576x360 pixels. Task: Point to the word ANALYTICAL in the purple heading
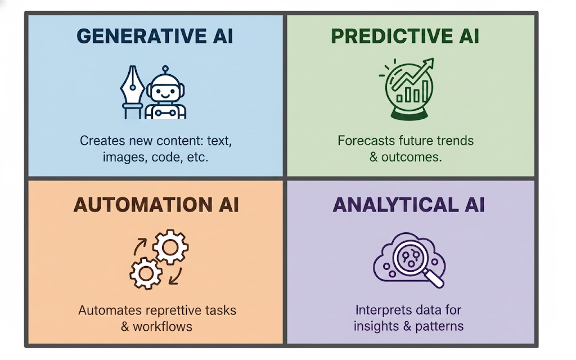pos(395,205)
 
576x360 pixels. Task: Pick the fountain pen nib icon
pos(132,92)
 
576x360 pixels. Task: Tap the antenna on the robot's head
pos(165,70)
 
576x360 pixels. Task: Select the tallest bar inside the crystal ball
pos(425,92)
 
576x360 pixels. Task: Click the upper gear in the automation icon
pos(170,247)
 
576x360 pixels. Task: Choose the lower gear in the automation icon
pos(146,273)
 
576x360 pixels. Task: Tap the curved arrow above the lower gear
pos(139,246)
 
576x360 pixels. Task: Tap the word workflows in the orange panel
pos(163,327)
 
